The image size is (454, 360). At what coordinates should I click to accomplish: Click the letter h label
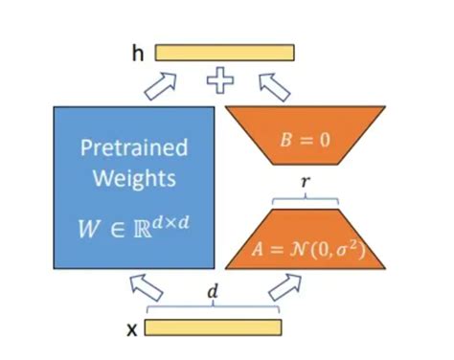click(x=136, y=54)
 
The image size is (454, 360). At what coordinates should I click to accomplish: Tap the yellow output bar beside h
click(x=224, y=53)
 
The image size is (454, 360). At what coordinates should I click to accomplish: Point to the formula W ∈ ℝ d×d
click(x=133, y=229)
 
